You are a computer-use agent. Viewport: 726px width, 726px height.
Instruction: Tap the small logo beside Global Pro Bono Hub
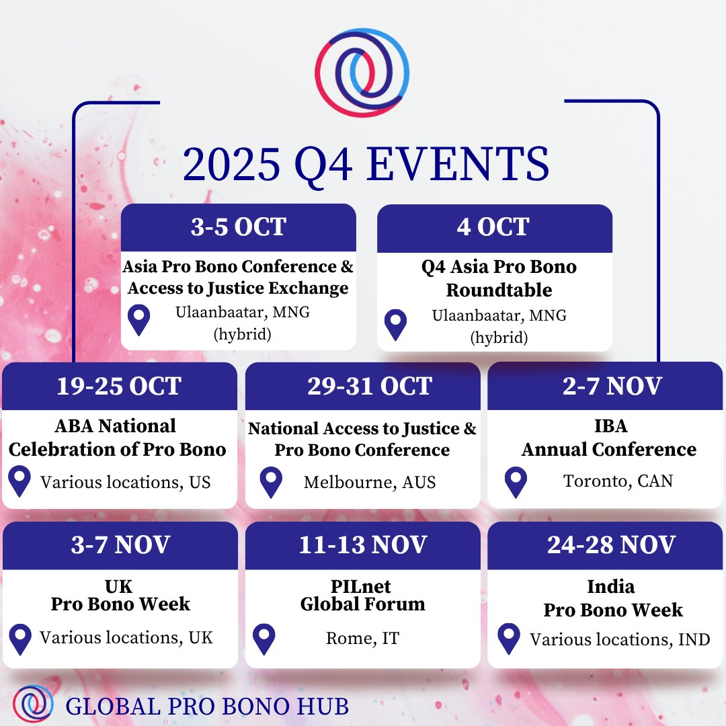coord(33,702)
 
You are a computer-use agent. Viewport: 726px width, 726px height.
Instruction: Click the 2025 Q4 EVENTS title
coord(366,164)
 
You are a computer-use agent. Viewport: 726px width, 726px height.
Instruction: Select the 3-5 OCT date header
coord(238,227)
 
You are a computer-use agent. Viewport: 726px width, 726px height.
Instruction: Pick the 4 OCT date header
coord(494,227)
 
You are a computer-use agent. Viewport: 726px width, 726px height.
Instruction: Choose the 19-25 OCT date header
coord(119,386)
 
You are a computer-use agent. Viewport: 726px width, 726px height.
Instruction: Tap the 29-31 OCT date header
coord(362,386)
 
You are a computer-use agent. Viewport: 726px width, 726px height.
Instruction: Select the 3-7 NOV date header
coord(120,544)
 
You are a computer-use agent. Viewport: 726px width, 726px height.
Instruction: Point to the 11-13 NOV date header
coord(362,544)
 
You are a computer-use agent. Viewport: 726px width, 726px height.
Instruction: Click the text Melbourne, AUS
coord(370,483)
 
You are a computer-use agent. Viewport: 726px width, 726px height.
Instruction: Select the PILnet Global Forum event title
coord(362,595)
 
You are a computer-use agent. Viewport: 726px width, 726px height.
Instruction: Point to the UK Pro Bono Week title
coord(120,595)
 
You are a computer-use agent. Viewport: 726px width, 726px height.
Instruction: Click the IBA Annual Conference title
coord(609,438)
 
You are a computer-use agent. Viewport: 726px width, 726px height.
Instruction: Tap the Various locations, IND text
coord(619,639)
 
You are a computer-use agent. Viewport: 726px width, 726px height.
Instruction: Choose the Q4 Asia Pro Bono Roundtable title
coord(498,278)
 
